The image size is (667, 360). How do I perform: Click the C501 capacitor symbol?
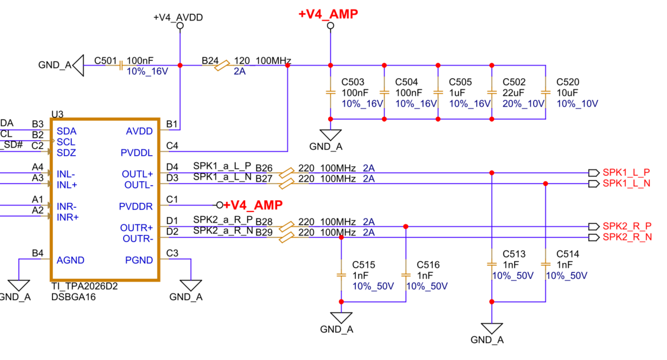point(121,66)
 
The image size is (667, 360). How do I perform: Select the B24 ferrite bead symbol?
point(222,66)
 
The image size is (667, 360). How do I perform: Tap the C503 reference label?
point(352,82)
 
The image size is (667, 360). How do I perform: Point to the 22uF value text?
point(514,92)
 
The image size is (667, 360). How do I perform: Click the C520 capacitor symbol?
point(546,92)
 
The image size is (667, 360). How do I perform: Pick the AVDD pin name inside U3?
point(139,131)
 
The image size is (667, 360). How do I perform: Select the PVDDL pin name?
point(136,153)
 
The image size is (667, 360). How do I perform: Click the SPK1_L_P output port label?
point(626,172)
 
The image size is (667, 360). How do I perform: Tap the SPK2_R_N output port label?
point(627,237)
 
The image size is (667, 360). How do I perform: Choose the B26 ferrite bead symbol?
point(287,172)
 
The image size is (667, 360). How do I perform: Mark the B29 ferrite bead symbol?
point(287,237)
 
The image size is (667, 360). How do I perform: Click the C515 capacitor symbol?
point(341,275)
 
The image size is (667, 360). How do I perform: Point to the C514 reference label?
point(567,254)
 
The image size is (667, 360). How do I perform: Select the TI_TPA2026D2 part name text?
point(84,287)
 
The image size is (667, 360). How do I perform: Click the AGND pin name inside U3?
point(70,260)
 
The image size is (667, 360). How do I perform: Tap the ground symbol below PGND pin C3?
point(191,285)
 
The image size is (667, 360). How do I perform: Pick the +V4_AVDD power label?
point(178,17)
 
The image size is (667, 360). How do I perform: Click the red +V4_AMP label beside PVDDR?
point(253,205)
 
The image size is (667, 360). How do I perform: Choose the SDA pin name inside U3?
point(66,131)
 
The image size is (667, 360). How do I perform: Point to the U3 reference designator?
point(57,114)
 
